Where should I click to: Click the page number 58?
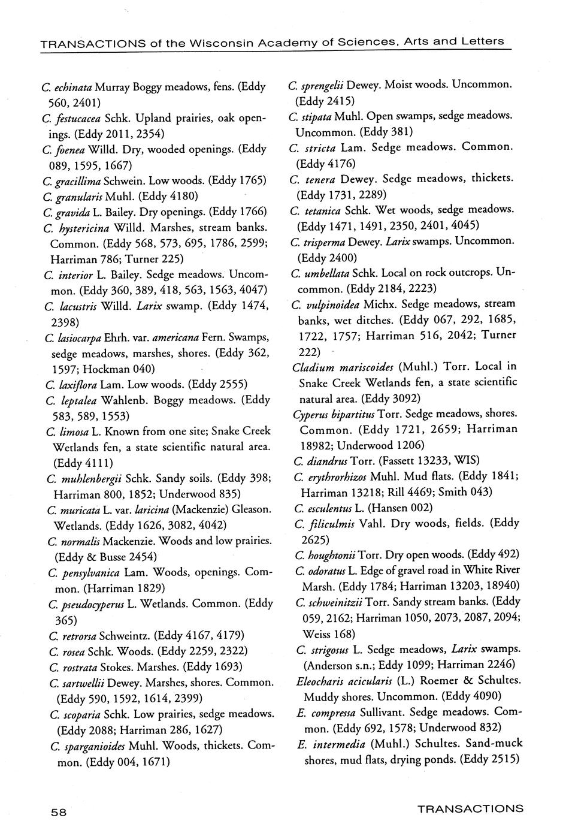pyautogui.click(x=58, y=812)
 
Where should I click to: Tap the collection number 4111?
pyautogui.click(x=98, y=463)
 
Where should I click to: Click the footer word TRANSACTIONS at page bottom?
pyautogui.click(x=470, y=808)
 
